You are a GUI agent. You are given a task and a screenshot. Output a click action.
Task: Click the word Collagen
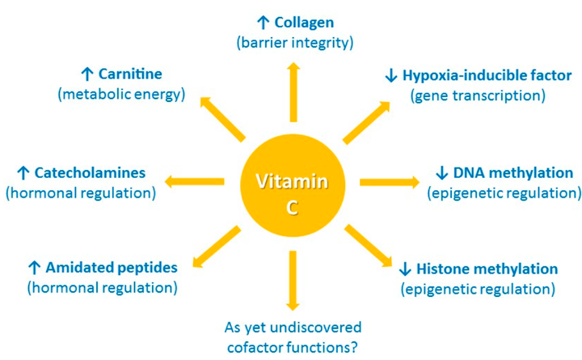coord(304,23)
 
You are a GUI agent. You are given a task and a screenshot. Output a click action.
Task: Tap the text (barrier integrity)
coord(293,42)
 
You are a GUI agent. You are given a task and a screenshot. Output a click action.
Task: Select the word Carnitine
coord(142,74)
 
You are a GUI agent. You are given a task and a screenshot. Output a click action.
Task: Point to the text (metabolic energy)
coord(121,94)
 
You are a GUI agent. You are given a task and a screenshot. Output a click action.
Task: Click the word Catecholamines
coord(90,173)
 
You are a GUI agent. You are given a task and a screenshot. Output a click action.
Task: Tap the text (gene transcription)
coord(478,95)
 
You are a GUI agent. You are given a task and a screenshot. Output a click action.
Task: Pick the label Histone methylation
coord(487,269)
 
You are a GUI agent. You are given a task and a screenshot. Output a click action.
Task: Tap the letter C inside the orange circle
coord(293,208)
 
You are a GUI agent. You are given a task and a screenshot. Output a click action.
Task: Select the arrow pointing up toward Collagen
coord(293,89)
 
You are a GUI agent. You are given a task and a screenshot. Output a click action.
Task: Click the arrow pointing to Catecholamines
coord(194,180)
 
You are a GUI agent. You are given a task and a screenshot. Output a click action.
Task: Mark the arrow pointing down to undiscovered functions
coord(293,279)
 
